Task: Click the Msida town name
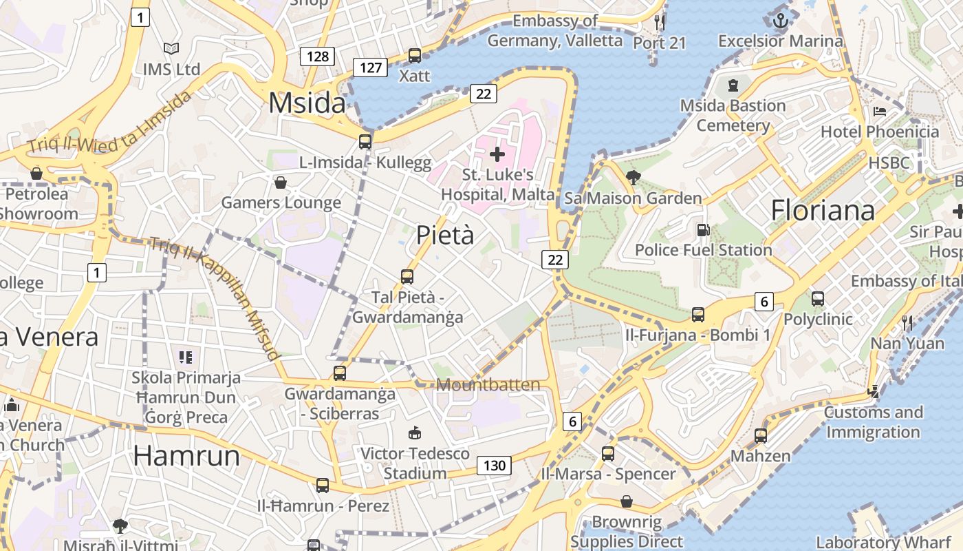coord(307,103)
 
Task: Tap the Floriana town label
coord(823,210)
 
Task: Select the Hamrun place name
coord(186,455)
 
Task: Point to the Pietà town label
coord(445,236)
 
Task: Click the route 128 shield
coord(317,56)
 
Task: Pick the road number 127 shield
coord(370,67)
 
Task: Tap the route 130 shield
coord(494,466)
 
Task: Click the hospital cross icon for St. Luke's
coord(497,154)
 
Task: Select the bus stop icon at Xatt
coord(414,56)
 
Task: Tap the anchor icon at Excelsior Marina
coord(780,21)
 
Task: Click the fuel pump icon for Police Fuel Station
coord(702,230)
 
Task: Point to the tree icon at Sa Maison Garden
coord(633,178)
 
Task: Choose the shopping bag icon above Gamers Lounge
coord(281,183)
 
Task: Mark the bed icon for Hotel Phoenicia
coord(879,111)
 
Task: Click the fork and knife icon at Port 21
coord(660,22)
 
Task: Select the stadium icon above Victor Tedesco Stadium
coord(414,433)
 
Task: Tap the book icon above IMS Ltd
coord(171,49)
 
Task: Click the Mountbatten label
coord(488,384)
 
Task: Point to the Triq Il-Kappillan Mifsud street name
coord(215,300)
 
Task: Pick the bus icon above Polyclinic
coord(817,299)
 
